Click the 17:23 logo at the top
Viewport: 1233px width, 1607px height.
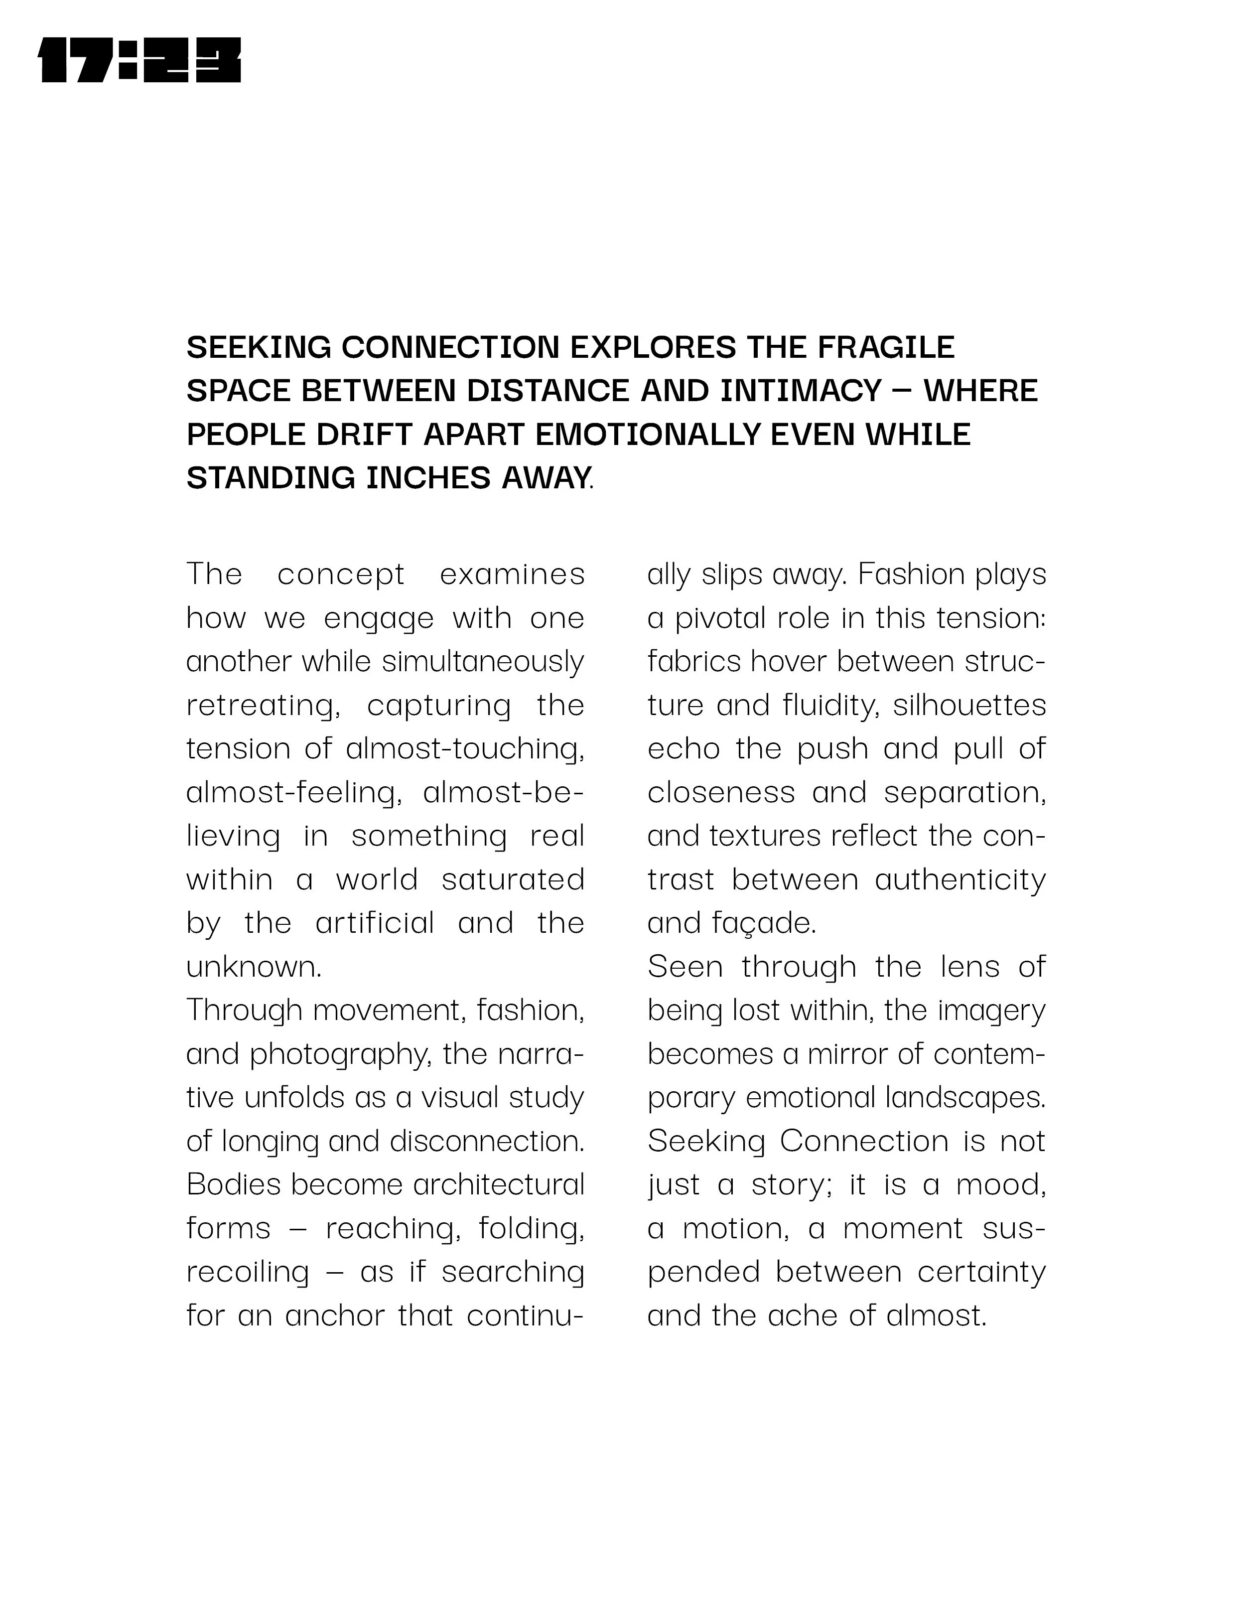[139, 60]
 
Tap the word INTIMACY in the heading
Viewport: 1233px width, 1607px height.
[801, 391]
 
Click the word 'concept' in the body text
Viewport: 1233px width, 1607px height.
[341, 574]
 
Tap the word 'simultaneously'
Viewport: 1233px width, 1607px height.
[483, 661]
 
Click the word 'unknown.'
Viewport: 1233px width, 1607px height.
[254, 967]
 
